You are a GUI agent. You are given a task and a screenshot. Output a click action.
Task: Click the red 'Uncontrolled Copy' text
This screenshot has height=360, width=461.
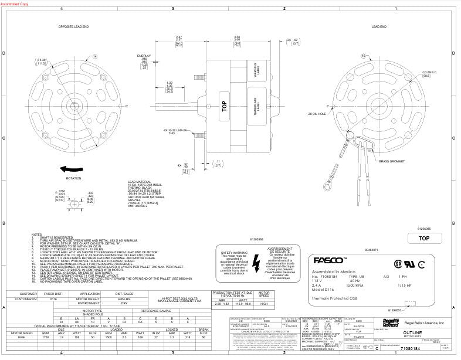[x=14, y=4]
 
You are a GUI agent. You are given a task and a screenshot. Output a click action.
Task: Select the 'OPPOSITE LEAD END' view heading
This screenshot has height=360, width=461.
[x=73, y=27]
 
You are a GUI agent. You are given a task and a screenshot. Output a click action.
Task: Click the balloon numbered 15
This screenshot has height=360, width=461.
[x=364, y=56]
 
